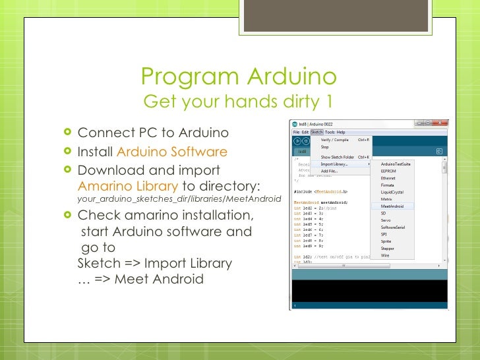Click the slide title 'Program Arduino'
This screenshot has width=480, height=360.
click(x=239, y=78)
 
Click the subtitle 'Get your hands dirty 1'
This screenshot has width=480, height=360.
click(x=238, y=102)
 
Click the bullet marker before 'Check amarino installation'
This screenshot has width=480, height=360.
click(x=69, y=216)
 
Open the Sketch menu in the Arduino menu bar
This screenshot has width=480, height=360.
click(x=316, y=132)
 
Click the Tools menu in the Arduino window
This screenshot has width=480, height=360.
click(x=330, y=132)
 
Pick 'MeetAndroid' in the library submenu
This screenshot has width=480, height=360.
click(x=393, y=206)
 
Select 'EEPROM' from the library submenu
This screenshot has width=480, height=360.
click(x=389, y=171)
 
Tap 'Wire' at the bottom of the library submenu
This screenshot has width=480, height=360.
click(x=385, y=255)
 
